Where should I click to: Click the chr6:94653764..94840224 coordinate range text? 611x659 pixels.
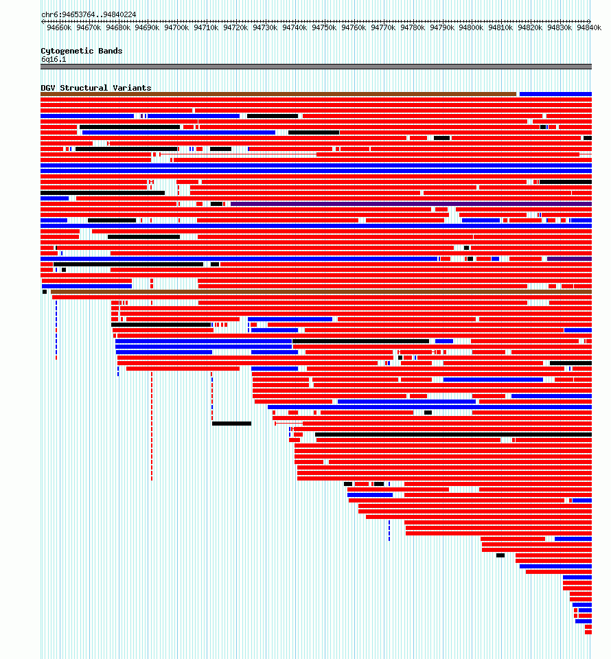89,14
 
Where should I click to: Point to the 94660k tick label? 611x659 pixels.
59,27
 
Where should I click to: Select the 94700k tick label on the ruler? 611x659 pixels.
176,27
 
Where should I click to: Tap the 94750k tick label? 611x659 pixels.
324,27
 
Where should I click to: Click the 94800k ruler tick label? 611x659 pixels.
471,27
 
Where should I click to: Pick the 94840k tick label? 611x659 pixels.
589,27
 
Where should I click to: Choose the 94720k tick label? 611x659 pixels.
235,27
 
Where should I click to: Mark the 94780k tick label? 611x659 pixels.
413,27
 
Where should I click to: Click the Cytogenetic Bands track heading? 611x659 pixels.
82,51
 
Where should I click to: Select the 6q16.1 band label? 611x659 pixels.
54,59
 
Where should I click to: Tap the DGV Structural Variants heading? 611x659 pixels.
96,88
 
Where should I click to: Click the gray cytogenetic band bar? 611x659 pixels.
316,67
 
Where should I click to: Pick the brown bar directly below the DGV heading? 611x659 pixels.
278,94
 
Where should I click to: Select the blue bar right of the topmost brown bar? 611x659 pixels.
555,94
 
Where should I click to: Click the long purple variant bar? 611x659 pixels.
411,204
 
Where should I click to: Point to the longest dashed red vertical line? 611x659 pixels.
152,426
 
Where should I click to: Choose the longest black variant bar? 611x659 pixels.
453,435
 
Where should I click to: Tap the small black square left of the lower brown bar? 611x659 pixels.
45,292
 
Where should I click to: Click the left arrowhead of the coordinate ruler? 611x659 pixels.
43,21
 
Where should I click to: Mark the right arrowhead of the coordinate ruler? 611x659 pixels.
590,21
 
